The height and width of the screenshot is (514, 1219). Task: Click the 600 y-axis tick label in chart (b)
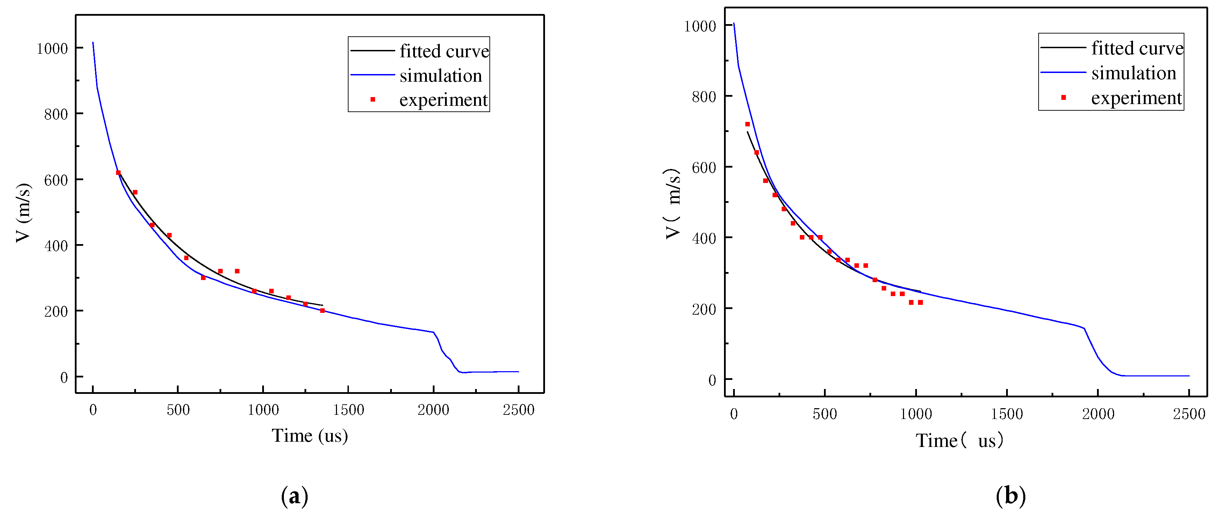click(703, 167)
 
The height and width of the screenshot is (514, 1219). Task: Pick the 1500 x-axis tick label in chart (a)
click(348, 410)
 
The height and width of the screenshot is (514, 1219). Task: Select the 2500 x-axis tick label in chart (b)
click(1188, 414)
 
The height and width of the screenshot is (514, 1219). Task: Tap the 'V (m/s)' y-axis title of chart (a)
click(24, 213)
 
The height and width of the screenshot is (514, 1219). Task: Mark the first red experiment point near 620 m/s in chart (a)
click(118, 172)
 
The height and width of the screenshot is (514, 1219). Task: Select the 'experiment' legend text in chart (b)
click(1136, 98)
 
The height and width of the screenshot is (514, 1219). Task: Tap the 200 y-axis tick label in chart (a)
click(56, 311)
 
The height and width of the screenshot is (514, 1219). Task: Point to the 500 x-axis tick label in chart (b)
click(824, 414)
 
